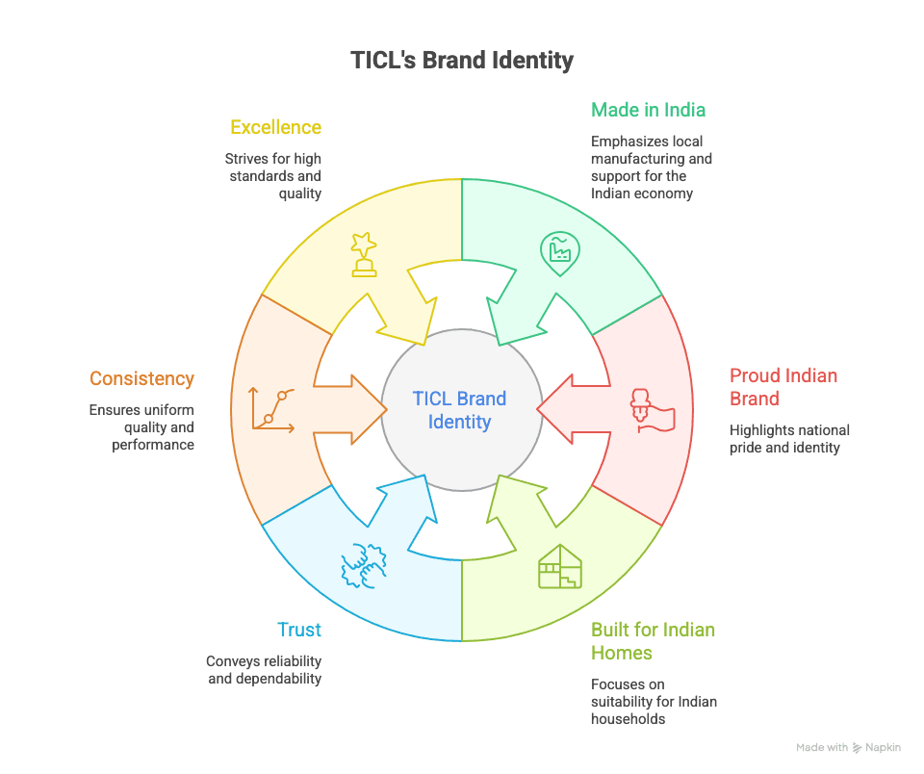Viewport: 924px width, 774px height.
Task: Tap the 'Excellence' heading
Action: (275, 127)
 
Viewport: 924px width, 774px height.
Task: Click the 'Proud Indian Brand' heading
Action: (783, 387)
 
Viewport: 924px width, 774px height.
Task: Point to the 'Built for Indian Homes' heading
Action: (653, 641)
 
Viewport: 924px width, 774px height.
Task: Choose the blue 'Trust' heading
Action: (298, 631)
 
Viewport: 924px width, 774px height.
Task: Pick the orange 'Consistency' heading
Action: (141, 379)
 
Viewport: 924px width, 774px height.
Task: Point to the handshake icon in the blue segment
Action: (364, 565)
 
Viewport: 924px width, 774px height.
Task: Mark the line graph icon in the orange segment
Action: (270, 409)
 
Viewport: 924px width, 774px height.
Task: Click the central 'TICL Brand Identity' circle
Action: (460, 410)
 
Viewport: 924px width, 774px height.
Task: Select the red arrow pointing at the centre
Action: (568, 410)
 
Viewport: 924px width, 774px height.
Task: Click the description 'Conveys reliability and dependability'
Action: (263, 670)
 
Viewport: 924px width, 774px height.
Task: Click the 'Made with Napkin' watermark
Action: (848, 747)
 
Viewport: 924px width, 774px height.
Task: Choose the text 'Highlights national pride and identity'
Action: (789, 439)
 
